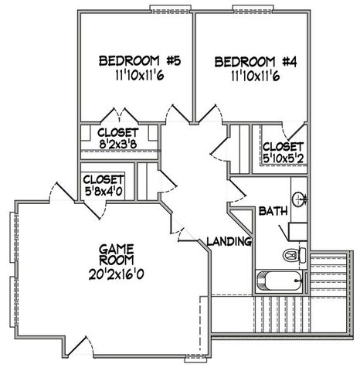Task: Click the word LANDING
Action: click(x=230, y=242)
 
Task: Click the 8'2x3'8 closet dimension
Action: click(x=118, y=145)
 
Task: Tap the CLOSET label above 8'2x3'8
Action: click(x=118, y=133)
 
